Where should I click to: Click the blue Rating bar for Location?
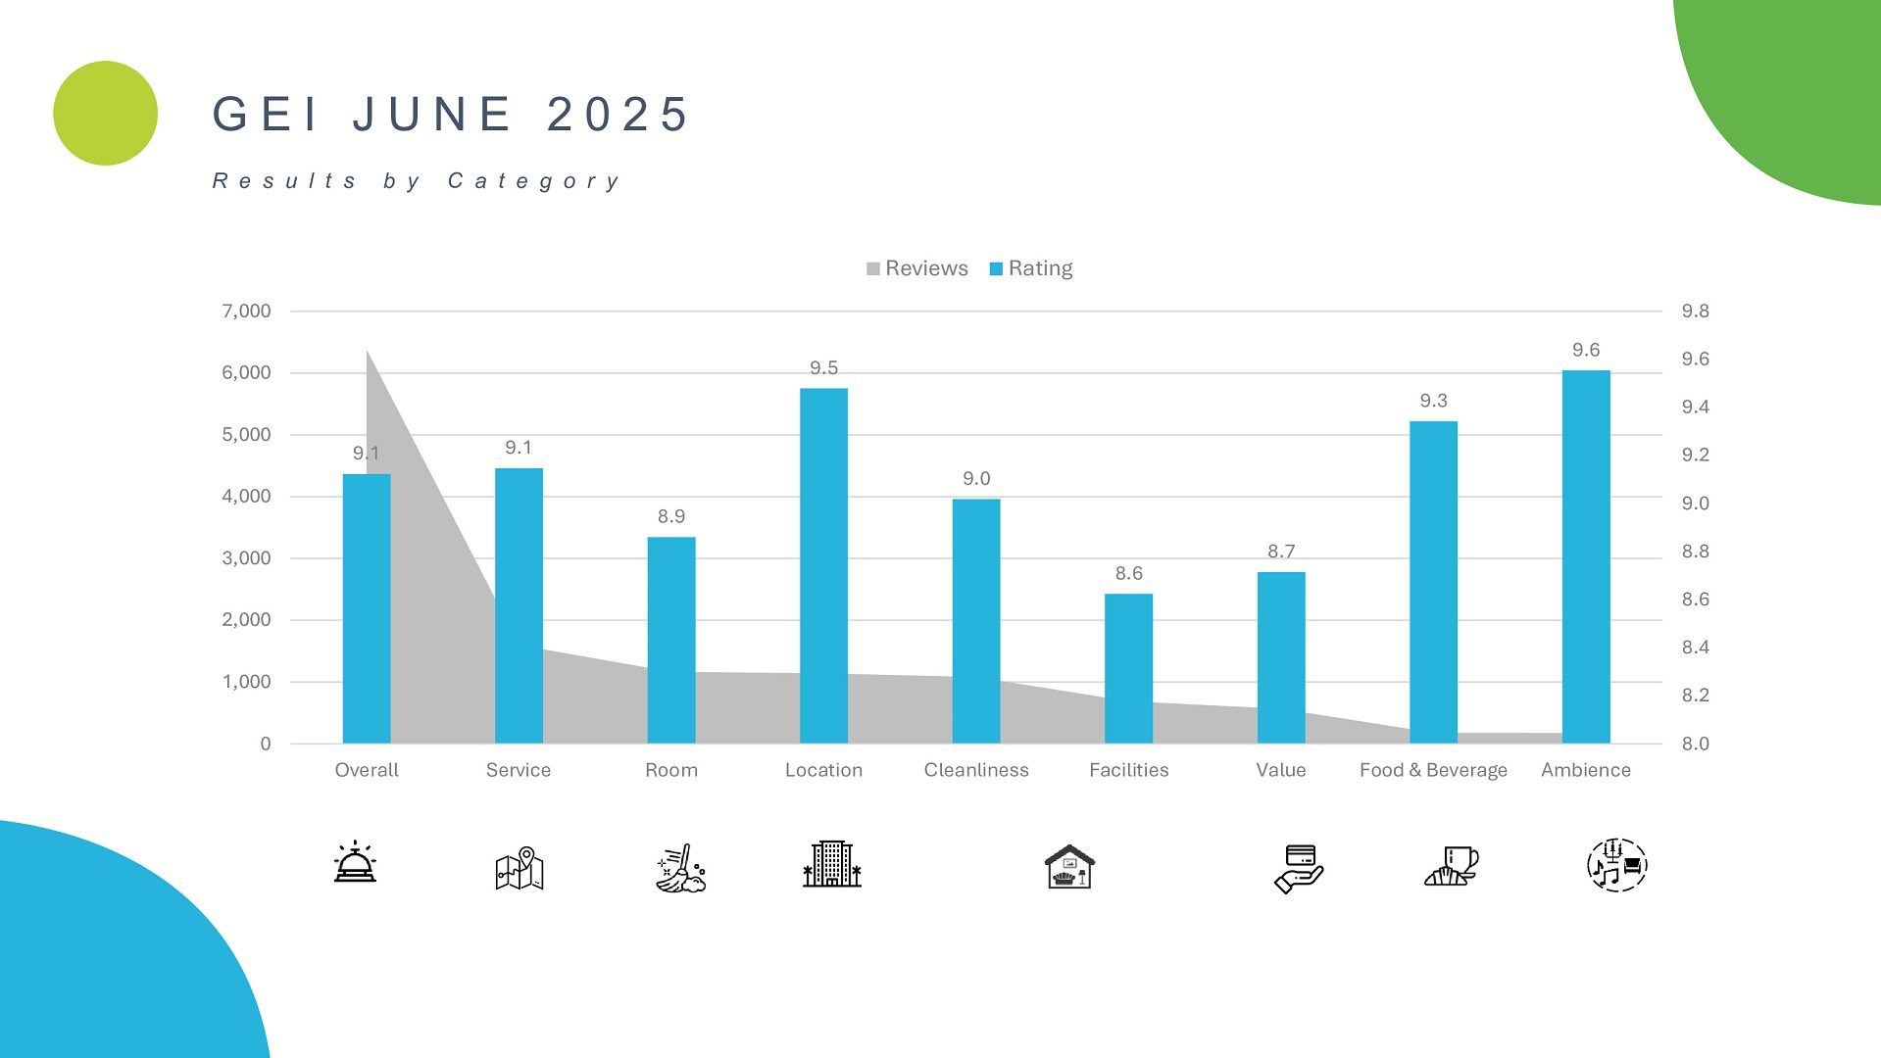823,565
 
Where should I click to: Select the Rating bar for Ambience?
1585,556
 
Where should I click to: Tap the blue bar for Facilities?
1128,668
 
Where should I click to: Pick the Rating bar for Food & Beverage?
1433,582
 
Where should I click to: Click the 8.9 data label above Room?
671,516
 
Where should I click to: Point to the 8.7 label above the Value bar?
1281,552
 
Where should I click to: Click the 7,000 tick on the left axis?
246,312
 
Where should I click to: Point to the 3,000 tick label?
246,558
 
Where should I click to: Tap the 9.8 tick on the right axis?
1695,312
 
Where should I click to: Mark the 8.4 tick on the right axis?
1695,648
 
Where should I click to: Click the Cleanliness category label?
976,770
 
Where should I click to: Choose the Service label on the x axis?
519,770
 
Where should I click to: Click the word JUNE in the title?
432,115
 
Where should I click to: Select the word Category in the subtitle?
534,181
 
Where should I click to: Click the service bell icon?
355,863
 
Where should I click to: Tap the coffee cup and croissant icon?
1451,867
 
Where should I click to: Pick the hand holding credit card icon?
1299,868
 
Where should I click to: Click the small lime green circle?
105,114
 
